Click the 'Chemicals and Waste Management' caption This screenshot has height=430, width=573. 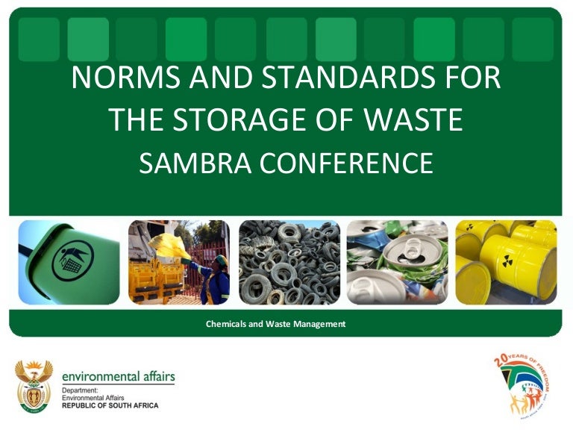coord(275,325)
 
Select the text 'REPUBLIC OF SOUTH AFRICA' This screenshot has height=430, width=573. coord(110,406)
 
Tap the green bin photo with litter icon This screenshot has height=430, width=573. coord(69,262)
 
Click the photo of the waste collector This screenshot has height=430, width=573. coord(179,262)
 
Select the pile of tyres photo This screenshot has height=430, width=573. coord(289,262)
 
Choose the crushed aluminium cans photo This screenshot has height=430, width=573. coord(397,262)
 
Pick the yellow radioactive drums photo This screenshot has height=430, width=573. coord(506,262)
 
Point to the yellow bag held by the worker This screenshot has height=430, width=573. coord(169,246)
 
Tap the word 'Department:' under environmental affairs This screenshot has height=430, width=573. coord(78,390)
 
